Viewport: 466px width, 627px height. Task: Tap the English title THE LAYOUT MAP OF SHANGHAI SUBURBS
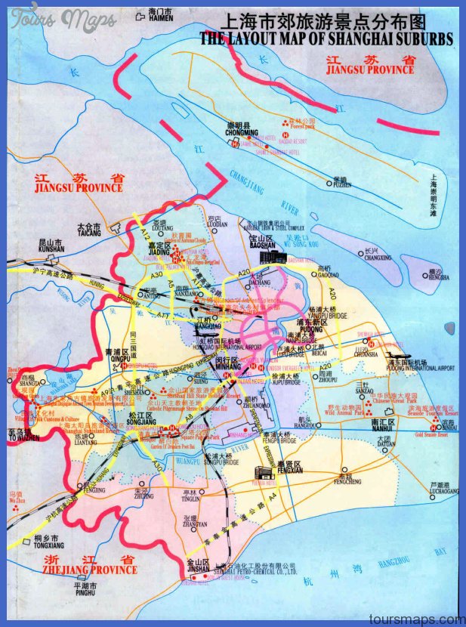(326, 38)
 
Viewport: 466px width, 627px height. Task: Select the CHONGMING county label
(242, 133)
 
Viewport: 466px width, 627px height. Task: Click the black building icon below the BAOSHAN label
(268, 258)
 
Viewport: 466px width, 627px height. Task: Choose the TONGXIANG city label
(48, 544)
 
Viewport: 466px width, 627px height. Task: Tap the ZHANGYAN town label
(194, 524)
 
